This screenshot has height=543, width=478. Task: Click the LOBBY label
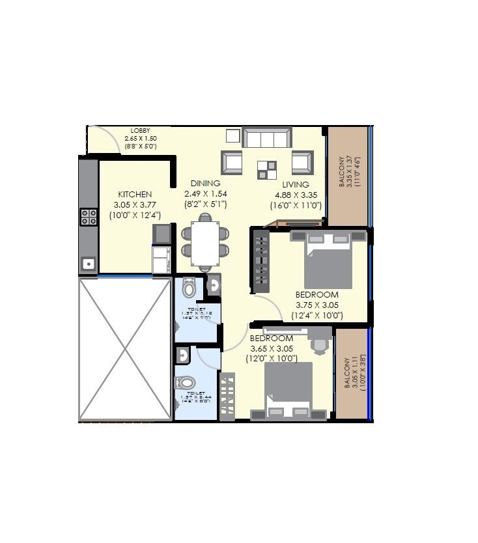[140, 131]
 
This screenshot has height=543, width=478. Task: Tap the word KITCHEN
[135, 195]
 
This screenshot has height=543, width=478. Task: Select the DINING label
[205, 184]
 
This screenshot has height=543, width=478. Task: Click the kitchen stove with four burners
[89, 217]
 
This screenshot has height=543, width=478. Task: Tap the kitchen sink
[89, 264]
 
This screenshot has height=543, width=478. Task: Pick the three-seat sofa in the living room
[266, 138]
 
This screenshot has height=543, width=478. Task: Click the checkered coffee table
[266, 170]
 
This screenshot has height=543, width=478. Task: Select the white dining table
[205, 244]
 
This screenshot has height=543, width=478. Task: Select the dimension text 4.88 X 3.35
[296, 195]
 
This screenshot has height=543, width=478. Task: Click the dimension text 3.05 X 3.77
[135, 204]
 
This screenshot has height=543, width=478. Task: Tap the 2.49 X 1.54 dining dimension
[205, 193]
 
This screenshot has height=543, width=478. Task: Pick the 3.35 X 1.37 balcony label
[350, 172]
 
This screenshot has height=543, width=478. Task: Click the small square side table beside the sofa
[233, 135]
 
